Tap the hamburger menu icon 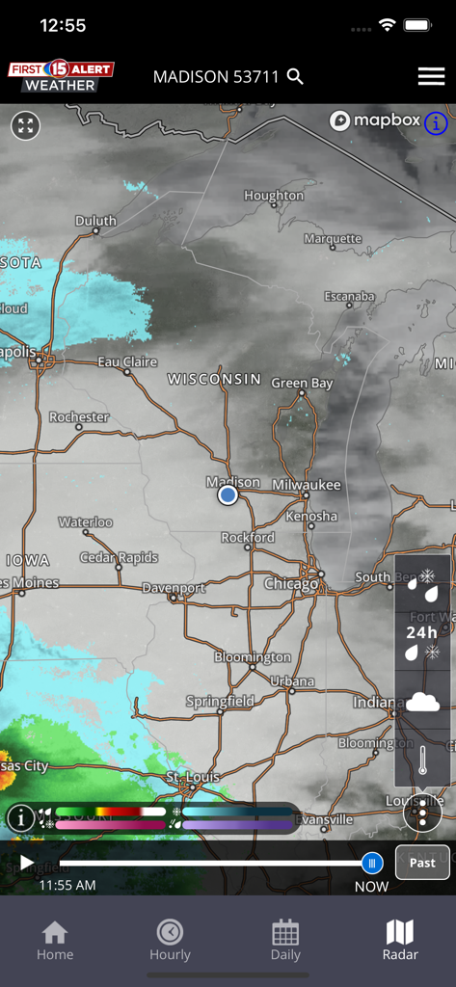click(x=431, y=77)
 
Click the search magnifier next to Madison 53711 click(x=295, y=77)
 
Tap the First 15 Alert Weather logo click(x=62, y=77)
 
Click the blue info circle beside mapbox click(x=436, y=122)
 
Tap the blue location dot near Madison click(x=228, y=494)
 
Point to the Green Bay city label click(x=302, y=383)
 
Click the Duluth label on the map click(x=95, y=221)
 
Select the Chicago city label click(x=291, y=584)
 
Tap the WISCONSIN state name click(x=214, y=379)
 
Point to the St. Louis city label click(x=193, y=776)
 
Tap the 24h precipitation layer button click(x=422, y=631)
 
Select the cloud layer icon click(x=422, y=701)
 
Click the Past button click(x=422, y=863)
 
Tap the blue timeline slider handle click(x=372, y=863)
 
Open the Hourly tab click(x=170, y=940)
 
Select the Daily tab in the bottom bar click(x=285, y=940)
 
